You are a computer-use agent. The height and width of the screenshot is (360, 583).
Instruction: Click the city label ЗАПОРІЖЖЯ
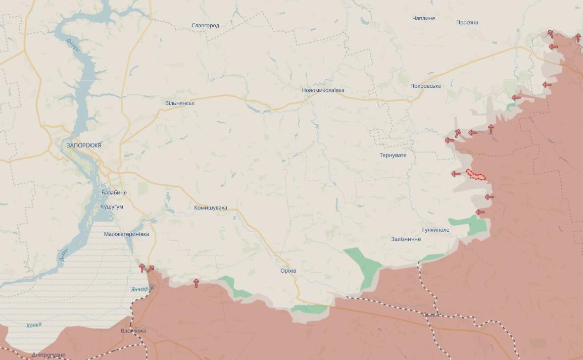point(84,145)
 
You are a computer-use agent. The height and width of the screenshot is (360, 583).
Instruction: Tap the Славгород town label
point(205,26)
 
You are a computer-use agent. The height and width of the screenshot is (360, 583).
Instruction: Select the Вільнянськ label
point(180,104)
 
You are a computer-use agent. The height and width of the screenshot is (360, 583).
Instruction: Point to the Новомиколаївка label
point(323,90)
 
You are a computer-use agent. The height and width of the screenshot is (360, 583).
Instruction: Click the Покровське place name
point(425,86)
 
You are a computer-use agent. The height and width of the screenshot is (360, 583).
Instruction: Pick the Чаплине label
point(423,19)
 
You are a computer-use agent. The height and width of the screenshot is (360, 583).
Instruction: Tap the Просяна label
point(467,23)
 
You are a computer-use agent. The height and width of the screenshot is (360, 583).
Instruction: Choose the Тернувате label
point(393,156)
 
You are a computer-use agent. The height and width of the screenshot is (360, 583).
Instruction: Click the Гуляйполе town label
point(435,230)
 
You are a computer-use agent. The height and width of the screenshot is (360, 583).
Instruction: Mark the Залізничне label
point(406,239)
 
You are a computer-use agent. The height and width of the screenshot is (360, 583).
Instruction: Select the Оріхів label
point(288,271)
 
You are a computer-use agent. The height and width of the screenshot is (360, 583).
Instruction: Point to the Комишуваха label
point(211,208)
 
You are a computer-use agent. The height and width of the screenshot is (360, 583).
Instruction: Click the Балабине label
point(114,193)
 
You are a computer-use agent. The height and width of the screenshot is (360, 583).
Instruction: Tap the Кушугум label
point(112,207)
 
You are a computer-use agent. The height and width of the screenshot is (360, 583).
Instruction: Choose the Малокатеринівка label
point(126,234)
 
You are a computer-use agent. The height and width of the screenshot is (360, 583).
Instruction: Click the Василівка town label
point(133,331)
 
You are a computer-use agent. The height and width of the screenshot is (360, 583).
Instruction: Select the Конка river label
point(34,325)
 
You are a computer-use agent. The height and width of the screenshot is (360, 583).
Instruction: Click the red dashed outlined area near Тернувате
point(476,175)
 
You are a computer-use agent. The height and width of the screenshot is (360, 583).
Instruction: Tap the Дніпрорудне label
point(48,355)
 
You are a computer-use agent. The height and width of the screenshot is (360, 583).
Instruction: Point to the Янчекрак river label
point(140,289)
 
